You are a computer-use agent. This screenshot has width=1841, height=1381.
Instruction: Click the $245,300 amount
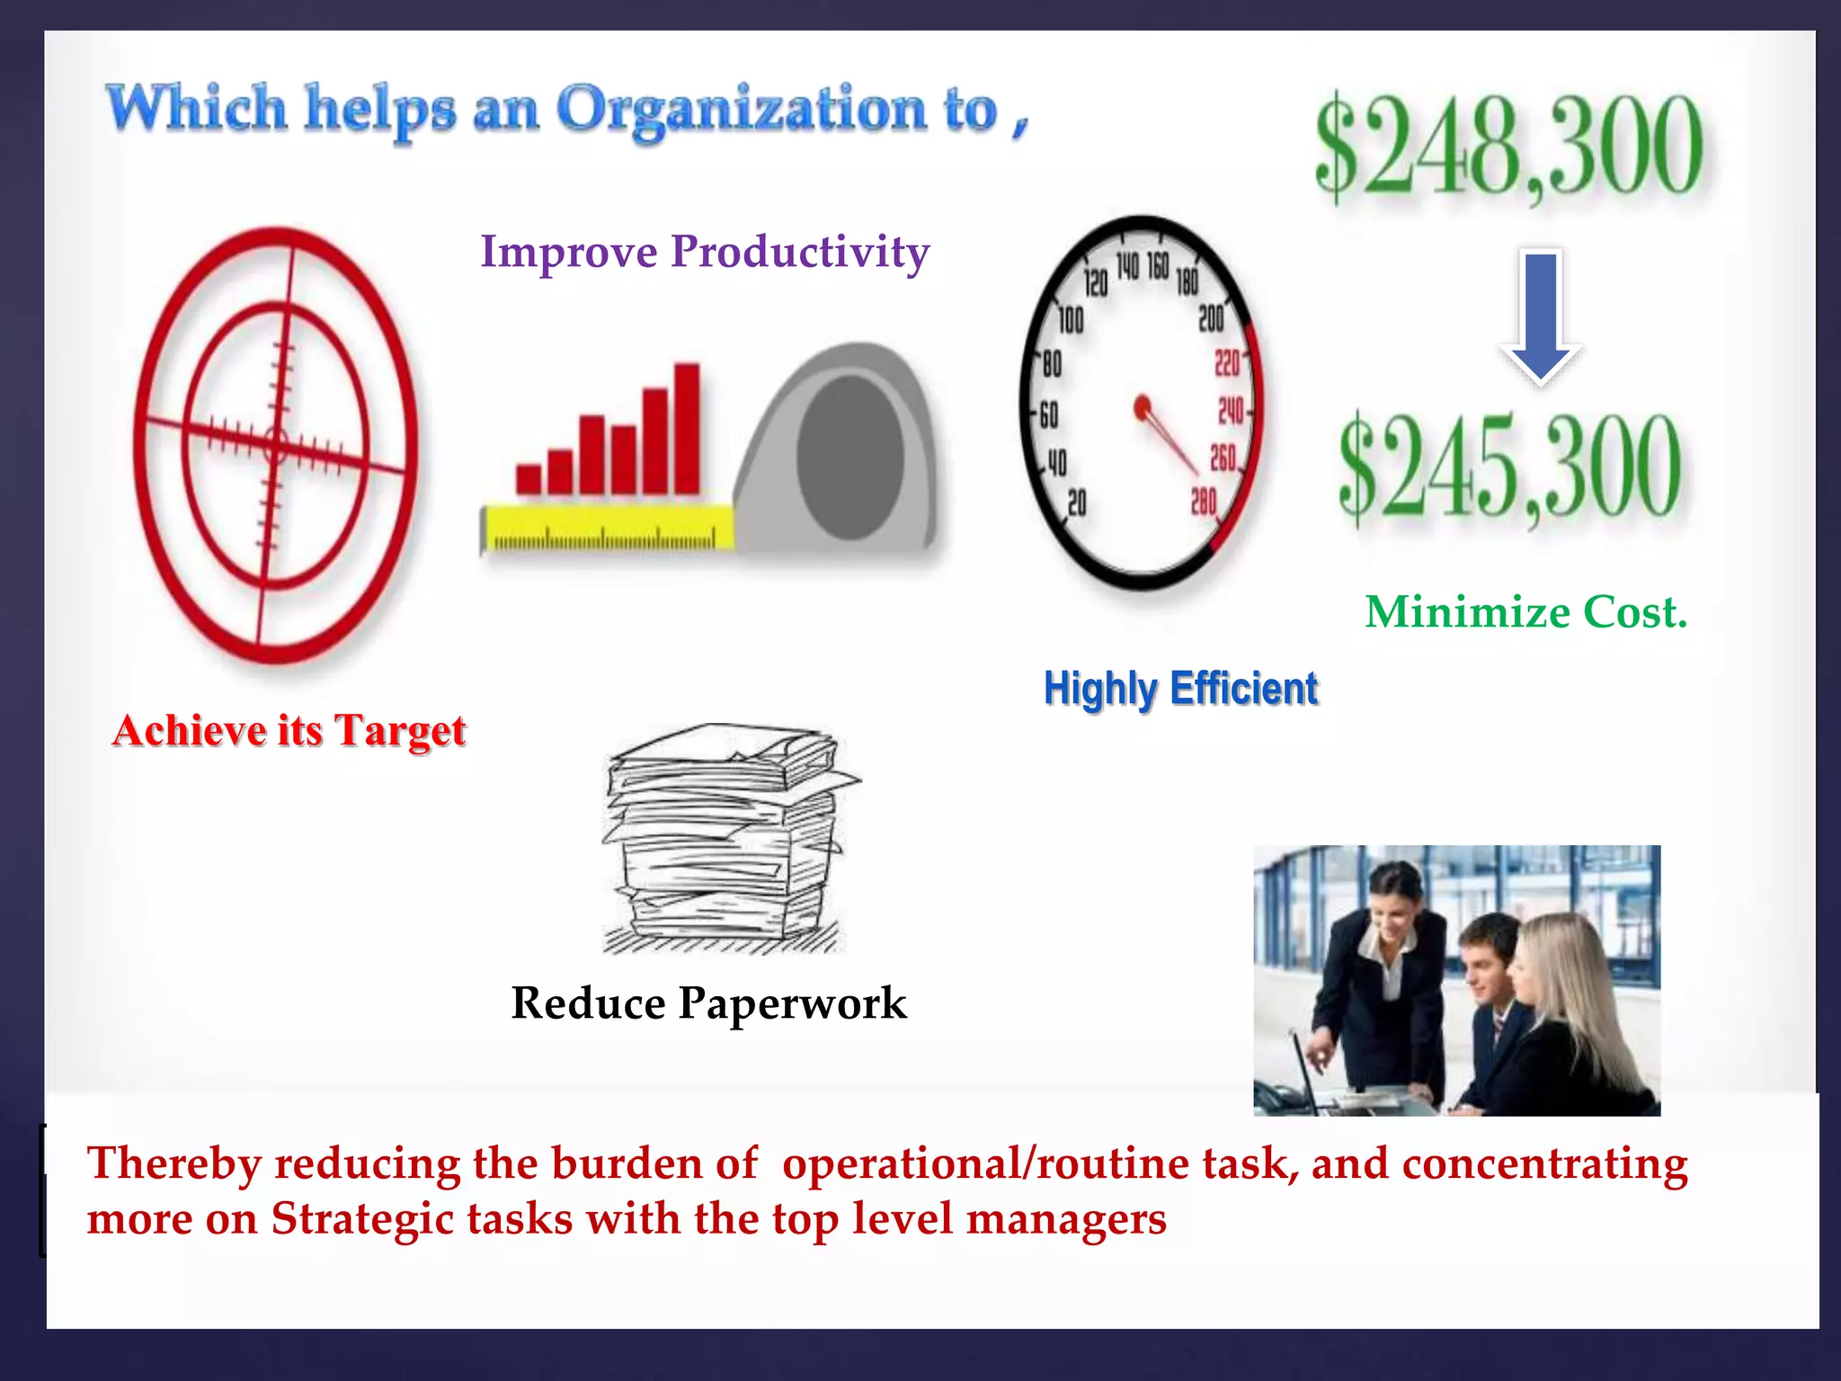pyautogui.click(x=1508, y=468)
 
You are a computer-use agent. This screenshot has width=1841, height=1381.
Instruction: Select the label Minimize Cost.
pyautogui.click(x=1525, y=612)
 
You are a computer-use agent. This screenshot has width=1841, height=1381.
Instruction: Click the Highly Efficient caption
pyautogui.click(x=1180, y=689)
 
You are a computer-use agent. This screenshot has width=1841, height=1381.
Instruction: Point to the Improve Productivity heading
pyautogui.click(x=705, y=252)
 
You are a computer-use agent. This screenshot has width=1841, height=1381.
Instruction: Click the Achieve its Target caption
pyautogui.click(x=289, y=730)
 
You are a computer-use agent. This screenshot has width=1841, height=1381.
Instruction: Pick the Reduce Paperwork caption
pyautogui.click(x=708, y=1003)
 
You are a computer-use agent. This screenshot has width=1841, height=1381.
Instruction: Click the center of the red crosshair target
pyautogui.click(x=275, y=445)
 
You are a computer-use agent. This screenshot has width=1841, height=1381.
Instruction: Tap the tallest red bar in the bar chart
pyautogui.click(x=687, y=428)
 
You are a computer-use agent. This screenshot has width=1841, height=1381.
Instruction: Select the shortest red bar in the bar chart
pyautogui.click(x=529, y=478)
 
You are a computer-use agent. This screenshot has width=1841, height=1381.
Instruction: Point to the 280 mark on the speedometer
pyautogui.click(x=1203, y=501)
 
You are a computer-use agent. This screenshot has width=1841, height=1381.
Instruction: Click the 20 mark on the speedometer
pyautogui.click(x=1076, y=503)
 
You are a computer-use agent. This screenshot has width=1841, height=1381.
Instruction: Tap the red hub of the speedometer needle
pyautogui.click(x=1143, y=408)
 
